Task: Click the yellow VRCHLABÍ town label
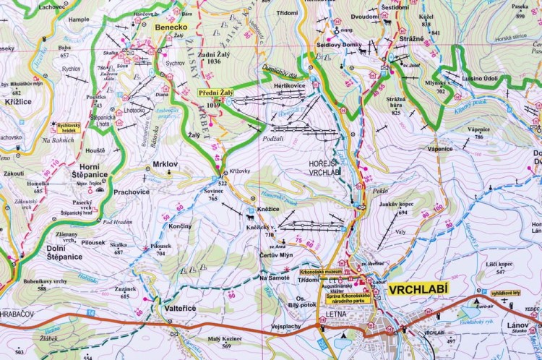click(418, 290)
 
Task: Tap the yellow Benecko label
click(171, 27)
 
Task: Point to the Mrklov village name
click(165, 164)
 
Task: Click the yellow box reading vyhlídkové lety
click(507, 293)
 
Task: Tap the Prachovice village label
click(132, 192)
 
